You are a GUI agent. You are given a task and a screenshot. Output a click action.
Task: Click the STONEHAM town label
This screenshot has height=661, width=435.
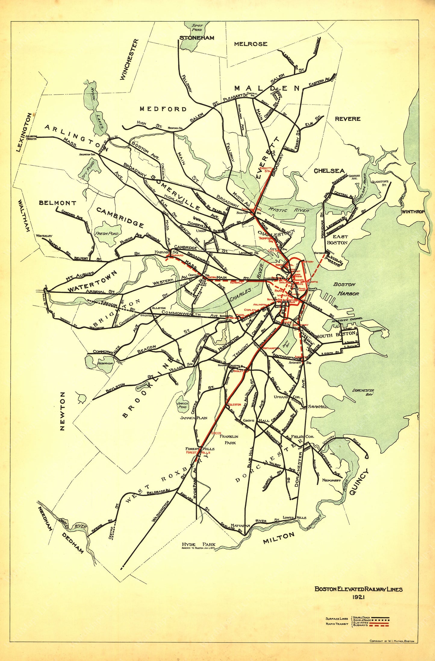[x=197, y=38]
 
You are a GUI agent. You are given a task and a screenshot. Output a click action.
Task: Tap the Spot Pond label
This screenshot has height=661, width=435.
[x=197, y=27]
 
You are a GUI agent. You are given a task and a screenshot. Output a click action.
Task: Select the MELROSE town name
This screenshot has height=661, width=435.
[x=250, y=44]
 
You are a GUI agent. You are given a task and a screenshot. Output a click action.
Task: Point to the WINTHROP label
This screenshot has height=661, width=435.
[x=413, y=211]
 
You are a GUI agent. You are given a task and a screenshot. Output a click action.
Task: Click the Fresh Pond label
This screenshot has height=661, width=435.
[x=107, y=233]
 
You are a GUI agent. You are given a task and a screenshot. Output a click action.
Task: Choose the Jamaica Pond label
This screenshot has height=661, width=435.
[x=182, y=405]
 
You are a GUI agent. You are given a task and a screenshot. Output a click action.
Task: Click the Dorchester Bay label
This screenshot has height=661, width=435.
[x=363, y=392]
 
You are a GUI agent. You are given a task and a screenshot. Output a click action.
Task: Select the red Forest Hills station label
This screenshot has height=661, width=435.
[x=198, y=452]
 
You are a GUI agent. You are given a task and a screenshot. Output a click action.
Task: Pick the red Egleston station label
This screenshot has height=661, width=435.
[x=234, y=404]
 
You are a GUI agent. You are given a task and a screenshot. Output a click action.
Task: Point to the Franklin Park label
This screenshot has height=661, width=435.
[x=229, y=440]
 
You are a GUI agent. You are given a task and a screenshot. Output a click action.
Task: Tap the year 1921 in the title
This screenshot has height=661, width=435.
[x=358, y=597]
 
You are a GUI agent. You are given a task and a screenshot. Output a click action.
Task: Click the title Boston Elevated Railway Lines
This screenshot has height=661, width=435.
[x=359, y=589]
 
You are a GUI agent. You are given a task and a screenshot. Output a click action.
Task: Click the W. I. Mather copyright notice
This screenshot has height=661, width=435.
[x=392, y=641]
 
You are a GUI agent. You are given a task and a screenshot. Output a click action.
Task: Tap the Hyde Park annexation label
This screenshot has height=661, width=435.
[x=199, y=546]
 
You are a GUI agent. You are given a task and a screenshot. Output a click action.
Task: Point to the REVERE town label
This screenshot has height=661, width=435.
[x=347, y=119]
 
